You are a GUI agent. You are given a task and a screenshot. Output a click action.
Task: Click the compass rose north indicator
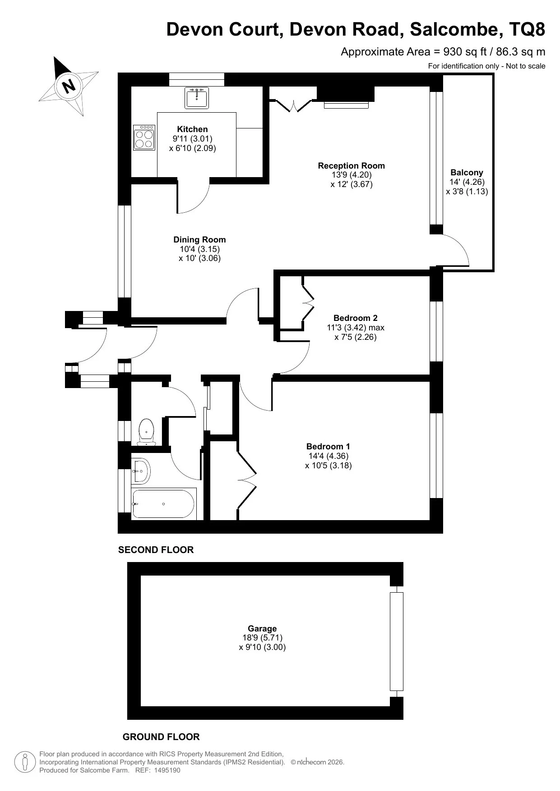coord(69,85)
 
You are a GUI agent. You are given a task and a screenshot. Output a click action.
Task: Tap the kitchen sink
coord(197,98)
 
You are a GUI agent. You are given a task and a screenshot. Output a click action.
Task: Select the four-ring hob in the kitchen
coord(144,137)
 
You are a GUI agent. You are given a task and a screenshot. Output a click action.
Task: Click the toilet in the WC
coord(146,432)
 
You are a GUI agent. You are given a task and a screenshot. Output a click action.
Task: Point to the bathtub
coord(163,503)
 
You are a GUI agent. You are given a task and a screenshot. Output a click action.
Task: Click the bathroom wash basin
coord(141,471)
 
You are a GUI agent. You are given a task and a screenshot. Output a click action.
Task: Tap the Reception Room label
coord(352,165)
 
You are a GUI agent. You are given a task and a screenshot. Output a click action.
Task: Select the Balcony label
coord(467,172)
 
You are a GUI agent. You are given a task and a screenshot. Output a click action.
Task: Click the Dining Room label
coord(199,240)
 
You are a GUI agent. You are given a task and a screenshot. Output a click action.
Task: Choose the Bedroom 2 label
coord(356,318)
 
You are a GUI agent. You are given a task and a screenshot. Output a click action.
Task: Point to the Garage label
coord(262,628)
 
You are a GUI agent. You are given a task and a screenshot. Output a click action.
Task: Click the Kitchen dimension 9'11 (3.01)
coord(192,138)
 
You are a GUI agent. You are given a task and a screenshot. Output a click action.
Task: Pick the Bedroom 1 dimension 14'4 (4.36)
coord(329,456)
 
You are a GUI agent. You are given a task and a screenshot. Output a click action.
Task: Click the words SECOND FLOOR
coord(156,550)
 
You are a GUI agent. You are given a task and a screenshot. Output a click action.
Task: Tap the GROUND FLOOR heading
coord(161,737)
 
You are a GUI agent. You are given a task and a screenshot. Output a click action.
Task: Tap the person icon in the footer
coord(26,762)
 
